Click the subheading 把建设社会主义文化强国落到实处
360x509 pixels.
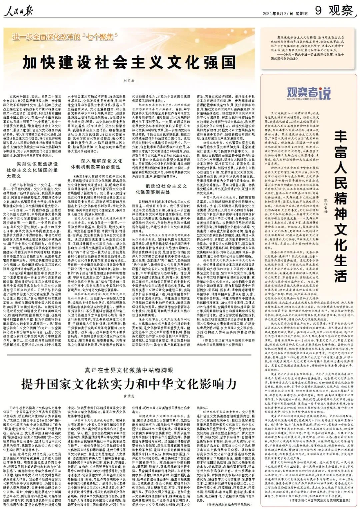161,189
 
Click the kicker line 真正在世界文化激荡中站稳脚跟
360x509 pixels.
129,370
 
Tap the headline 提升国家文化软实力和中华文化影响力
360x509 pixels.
129,384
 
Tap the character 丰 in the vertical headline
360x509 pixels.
340,137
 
